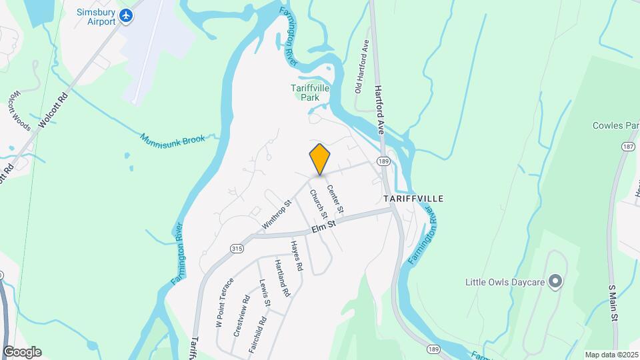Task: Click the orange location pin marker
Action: point(320,159)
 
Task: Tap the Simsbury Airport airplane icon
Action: point(125,15)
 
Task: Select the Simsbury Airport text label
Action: point(96,17)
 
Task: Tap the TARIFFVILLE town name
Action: point(413,199)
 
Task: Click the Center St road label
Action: point(335,199)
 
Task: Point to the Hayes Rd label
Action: point(297,256)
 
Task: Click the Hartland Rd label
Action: point(282,278)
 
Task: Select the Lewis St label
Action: point(264,293)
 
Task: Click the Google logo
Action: point(22,351)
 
